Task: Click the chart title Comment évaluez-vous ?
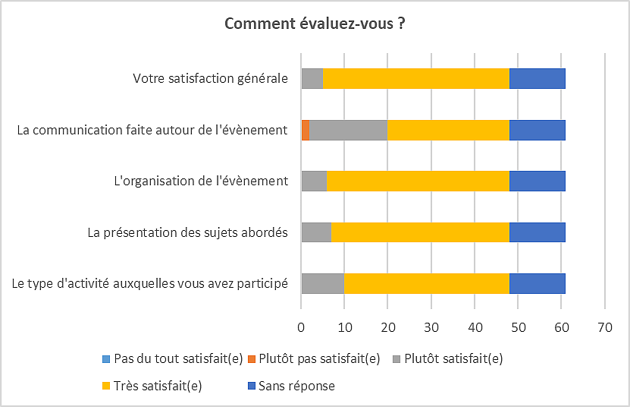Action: point(315,24)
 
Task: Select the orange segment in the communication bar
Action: point(305,130)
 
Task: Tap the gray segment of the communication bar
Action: point(348,130)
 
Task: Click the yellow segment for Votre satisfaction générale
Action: point(415,78)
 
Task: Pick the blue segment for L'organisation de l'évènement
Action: point(537,181)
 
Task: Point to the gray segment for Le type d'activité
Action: point(322,283)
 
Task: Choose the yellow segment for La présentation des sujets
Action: point(420,232)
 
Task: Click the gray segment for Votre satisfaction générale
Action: point(312,78)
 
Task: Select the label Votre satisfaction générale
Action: point(210,78)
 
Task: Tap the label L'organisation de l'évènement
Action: point(199,181)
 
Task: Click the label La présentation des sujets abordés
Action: point(187,232)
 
